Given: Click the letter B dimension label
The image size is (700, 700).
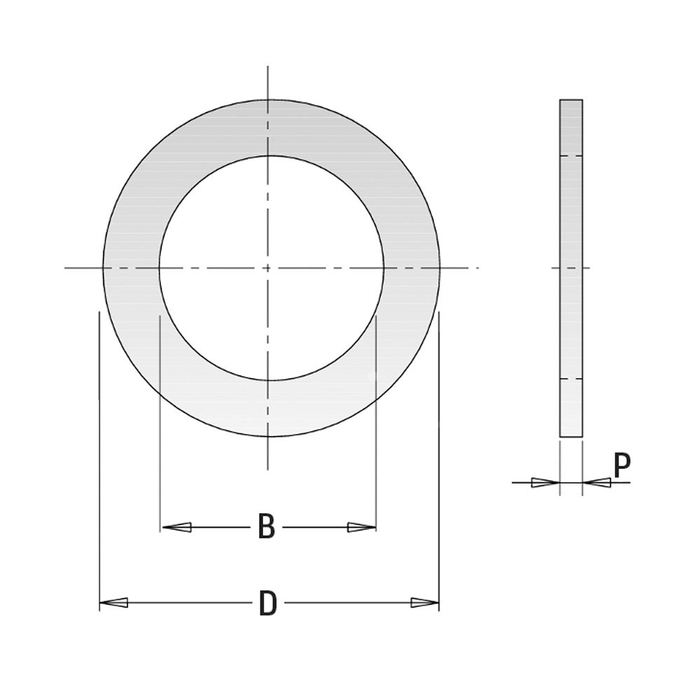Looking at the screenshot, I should pyautogui.click(x=266, y=527).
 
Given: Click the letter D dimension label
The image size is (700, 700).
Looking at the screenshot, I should pyautogui.click(x=267, y=603).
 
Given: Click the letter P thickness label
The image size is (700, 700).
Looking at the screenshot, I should pyautogui.click(x=622, y=465).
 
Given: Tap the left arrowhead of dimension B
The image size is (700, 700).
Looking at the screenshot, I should pyautogui.click(x=177, y=527).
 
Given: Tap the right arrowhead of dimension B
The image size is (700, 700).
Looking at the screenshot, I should pyautogui.click(x=361, y=527).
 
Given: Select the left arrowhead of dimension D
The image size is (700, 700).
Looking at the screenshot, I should pyautogui.click(x=113, y=602).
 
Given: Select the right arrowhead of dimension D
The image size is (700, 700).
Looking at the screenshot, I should pyautogui.click(x=425, y=602).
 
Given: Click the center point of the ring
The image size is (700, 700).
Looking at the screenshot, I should pyautogui.click(x=268, y=267).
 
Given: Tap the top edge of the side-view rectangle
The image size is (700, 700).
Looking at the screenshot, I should pyautogui.click(x=571, y=99).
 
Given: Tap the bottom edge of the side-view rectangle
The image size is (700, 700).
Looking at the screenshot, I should pyautogui.click(x=571, y=437).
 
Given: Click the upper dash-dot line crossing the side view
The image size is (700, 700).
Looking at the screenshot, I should pyautogui.click(x=571, y=155).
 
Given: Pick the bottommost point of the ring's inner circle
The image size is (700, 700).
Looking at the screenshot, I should pyautogui.click(x=270, y=380).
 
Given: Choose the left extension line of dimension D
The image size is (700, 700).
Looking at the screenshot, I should pyautogui.click(x=99, y=455).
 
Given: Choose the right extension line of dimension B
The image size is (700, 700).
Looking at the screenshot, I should pyautogui.click(x=376, y=420).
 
